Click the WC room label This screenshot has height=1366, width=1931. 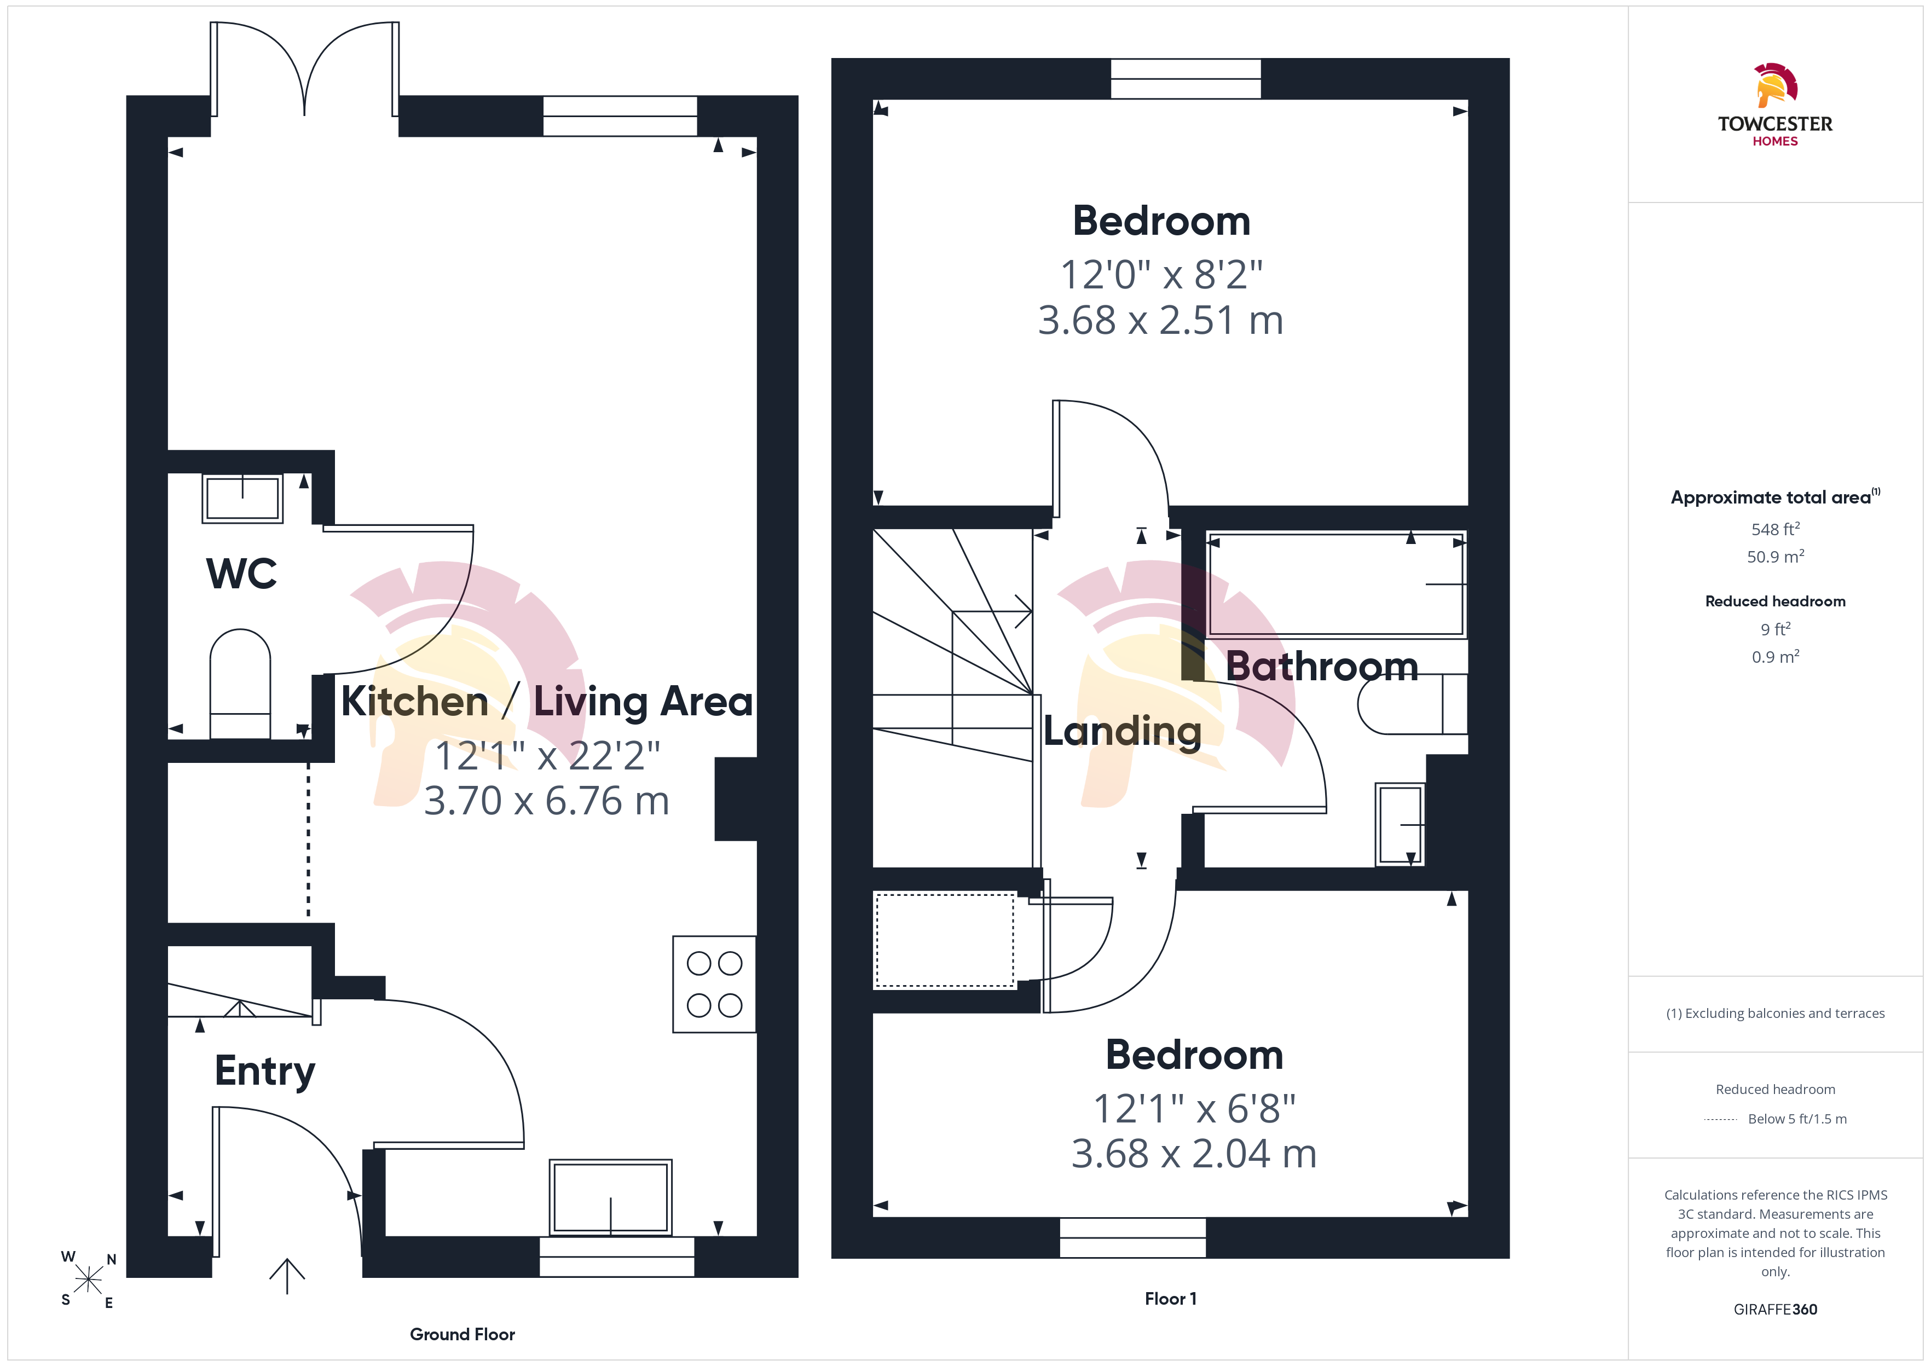tap(241, 574)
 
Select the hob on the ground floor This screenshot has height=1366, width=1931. tap(714, 984)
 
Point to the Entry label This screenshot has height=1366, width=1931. tap(265, 1072)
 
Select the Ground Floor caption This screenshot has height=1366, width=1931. tap(462, 1334)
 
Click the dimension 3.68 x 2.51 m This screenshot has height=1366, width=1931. tap(1160, 321)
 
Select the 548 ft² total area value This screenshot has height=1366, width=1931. tap(1776, 529)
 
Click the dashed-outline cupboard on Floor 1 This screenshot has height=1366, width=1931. tap(945, 940)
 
